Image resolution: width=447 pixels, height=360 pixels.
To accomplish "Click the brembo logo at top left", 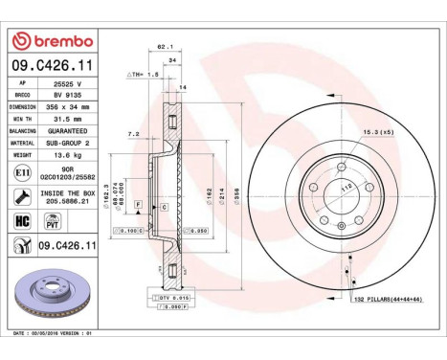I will (53, 41).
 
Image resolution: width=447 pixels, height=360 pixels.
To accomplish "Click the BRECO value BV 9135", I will (68, 96).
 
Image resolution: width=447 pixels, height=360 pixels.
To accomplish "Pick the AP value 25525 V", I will (67, 84).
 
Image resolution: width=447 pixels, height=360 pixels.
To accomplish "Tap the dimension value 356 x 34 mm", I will (73, 107).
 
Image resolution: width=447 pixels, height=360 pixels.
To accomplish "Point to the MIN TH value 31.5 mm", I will (68, 118).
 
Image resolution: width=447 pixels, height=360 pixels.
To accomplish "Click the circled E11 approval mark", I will (22, 172).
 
